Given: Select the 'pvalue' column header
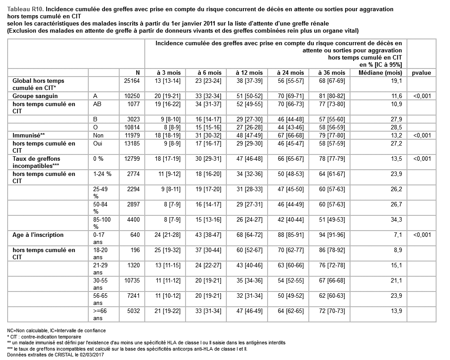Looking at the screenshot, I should tap(421, 73).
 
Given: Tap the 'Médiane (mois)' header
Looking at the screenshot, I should tap(381, 73).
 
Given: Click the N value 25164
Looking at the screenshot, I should tap(132, 81).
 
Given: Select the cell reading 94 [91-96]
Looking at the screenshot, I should tap(332, 235).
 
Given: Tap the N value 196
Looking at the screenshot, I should tap(135, 250).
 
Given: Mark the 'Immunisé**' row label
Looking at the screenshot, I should tap(29, 135).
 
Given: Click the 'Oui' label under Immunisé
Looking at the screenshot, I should tap(98, 143).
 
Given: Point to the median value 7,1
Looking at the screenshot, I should tap(398, 235).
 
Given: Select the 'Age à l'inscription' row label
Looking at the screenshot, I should tap(38, 235).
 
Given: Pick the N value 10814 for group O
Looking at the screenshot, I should tap(132, 127).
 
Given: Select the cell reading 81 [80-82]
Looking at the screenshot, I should tap(332, 96).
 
